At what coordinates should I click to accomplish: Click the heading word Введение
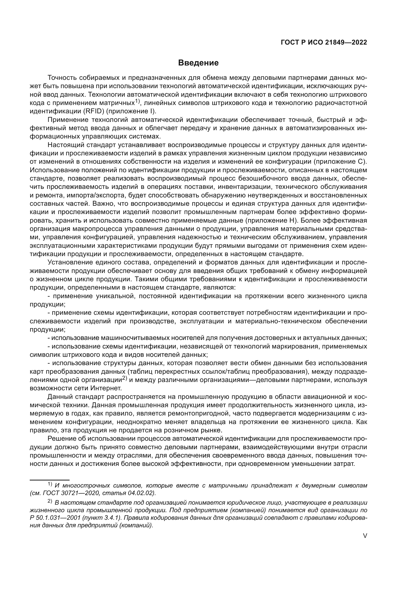(198, 63)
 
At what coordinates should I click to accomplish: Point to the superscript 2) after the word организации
(125, 378)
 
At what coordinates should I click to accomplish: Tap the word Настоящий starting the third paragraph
(65, 145)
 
